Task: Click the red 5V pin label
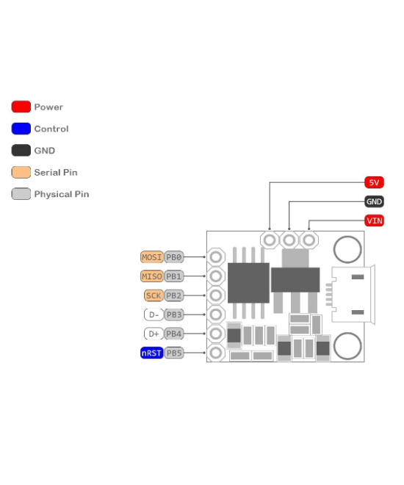click(x=374, y=182)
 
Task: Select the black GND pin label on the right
click(x=374, y=201)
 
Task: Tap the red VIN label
click(x=374, y=220)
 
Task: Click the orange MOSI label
click(x=151, y=257)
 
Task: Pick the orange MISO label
click(x=151, y=276)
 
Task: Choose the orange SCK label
click(x=153, y=295)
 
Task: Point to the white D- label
click(x=153, y=315)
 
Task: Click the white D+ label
click(x=153, y=334)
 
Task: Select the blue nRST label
click(x=151, y=353)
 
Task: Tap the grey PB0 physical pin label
click(x=173, y=257)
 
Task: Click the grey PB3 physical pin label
click(x=173, y=315)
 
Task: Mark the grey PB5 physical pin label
click(x=173, y=353)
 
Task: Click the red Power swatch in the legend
click(x=21, y=107)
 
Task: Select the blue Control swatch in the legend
click(x=21, y=129)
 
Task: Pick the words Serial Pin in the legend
click(x=55, y=173)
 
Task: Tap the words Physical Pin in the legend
click(x=61, y=195)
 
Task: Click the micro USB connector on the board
click(x=354, y=295)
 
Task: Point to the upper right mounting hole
click(x=347, y=249)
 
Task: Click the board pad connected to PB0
click(x=216, y=257)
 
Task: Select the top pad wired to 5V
click(x=270, y=240)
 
